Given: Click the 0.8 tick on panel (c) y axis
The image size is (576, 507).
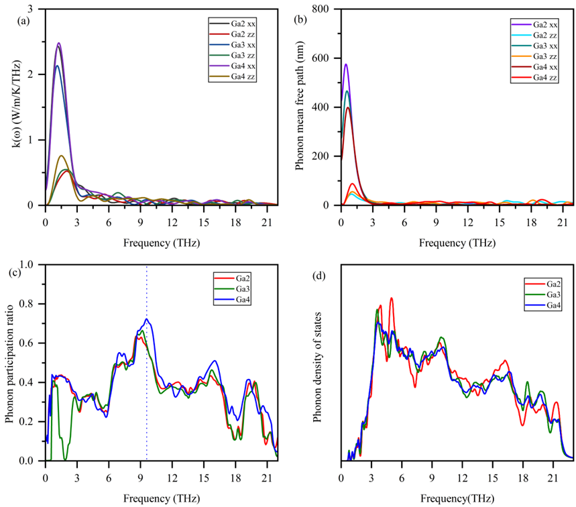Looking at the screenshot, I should [30, 304].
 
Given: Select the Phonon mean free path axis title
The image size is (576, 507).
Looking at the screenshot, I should [300, 107].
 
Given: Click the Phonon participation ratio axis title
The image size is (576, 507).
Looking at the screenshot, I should [10, 362].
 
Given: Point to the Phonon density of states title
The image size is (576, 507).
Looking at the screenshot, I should [317, 362].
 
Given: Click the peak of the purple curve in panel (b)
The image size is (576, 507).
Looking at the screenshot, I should [346, 64].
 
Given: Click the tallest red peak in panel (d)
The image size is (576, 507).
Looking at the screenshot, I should [391, 298].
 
